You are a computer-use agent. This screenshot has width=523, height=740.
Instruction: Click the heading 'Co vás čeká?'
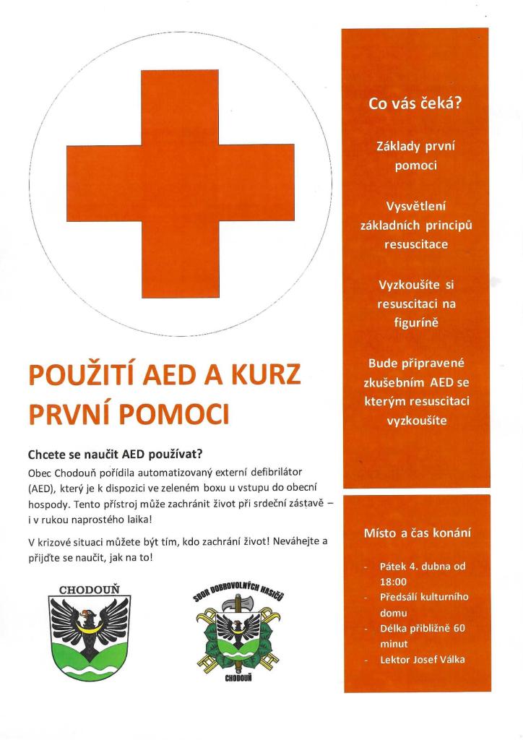[415, 103]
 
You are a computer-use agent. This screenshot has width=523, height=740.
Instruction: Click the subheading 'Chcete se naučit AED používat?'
[116, 455]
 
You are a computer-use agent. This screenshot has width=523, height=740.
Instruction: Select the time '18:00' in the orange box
[394, 581]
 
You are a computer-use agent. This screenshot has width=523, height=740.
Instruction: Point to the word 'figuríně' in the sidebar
[416, 322]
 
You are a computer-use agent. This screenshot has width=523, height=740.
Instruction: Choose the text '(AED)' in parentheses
[41, 488]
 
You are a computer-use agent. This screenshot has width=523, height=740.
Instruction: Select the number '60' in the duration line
[458, 628]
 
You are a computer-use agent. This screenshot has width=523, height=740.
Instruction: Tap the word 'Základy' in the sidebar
[399, 147]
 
